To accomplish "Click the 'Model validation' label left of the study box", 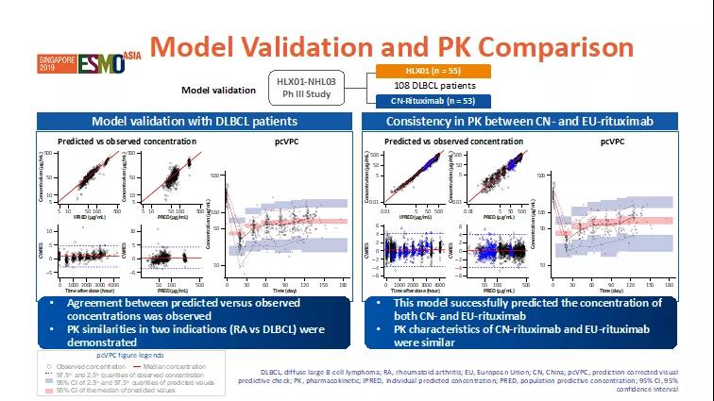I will [218, 91].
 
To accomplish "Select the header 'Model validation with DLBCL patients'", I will [194, 122].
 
